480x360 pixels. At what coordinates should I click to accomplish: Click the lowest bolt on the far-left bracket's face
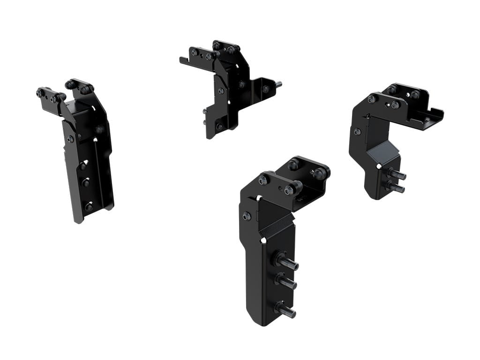coord(89,206)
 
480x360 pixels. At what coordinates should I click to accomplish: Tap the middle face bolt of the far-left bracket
coord(85,182)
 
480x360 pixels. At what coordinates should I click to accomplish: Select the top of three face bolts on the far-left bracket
coord(83,165)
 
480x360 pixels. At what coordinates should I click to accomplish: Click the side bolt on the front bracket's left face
coord(247,216)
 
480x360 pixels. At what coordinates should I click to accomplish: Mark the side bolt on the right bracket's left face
coord(357,132)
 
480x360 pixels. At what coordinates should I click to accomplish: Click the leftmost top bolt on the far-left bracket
coord(41,93)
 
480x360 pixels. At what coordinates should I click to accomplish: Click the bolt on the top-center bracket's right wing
coord(265,89)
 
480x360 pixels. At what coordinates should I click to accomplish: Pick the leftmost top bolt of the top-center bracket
coord(194,52)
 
